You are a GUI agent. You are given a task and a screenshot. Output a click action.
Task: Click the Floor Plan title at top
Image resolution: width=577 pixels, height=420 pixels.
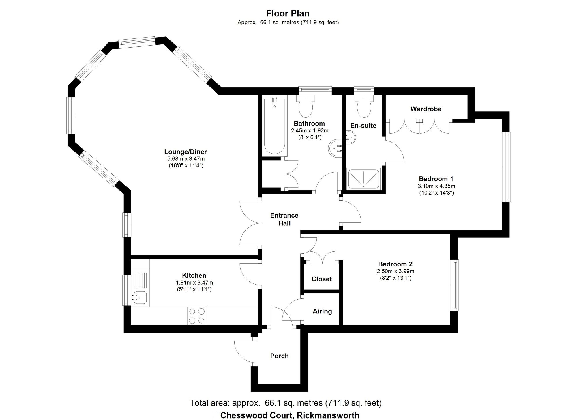288,13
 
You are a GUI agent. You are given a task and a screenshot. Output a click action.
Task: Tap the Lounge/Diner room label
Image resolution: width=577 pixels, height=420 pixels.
186,152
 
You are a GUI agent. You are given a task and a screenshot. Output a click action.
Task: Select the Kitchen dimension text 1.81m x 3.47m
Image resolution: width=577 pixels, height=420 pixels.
194,283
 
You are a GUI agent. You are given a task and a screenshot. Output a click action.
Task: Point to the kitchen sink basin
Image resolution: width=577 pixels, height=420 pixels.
140,297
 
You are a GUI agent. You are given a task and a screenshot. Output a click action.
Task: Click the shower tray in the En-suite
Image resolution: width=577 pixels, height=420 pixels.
363,179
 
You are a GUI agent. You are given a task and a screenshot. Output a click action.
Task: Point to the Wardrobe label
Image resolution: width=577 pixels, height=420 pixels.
426,109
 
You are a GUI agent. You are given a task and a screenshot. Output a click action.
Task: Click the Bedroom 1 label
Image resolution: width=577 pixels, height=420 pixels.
436,179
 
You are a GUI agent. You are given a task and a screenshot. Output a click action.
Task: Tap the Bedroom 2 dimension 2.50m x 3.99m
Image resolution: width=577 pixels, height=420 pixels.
395,271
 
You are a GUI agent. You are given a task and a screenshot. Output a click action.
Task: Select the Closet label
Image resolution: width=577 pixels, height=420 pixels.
321,279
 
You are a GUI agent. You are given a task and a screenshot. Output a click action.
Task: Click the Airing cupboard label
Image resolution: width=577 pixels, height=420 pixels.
322,311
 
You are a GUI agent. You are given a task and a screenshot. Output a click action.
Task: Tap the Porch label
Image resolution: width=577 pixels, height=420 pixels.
279,356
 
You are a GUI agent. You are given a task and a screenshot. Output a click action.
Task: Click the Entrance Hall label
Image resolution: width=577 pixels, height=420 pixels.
284,219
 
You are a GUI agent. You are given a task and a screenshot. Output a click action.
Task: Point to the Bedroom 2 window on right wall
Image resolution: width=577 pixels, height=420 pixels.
455,285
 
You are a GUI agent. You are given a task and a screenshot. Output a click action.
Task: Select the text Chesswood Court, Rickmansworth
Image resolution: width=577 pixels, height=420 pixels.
290,415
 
